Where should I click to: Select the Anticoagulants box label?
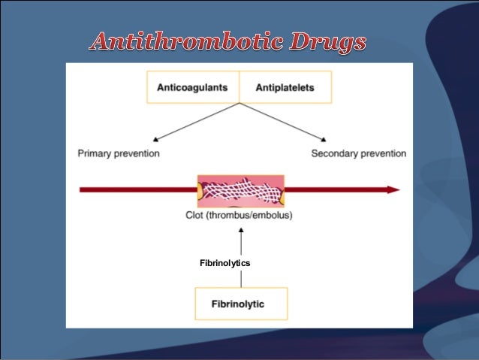(x=192, y=87)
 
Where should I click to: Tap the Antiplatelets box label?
(x=286, y=87)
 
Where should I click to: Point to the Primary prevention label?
(x=119, y=154)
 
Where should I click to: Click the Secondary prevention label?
(x=359, y=154)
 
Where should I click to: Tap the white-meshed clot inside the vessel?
(x=240, y=189)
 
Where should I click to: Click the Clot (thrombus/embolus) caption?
(x=239, y=216)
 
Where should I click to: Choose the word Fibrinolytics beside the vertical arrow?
(x=224, y=263)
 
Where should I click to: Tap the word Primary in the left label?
(x=97, y=154)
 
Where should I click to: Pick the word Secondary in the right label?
(x=335, y=154)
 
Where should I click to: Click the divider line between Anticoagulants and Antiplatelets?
(x=239, y=87)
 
